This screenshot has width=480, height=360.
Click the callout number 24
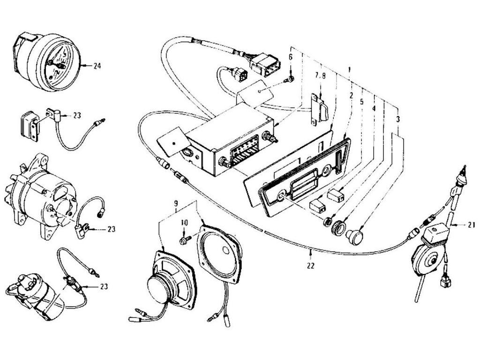point(97,66)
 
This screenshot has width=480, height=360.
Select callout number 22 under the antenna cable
point(310,265)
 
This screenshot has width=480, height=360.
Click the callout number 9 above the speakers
point(176,204)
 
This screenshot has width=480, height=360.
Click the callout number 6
point(291,57)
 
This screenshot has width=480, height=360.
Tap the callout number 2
point(350,96)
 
